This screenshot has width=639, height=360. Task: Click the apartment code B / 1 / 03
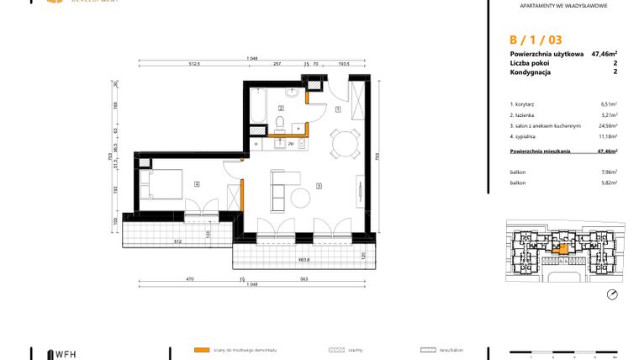[x=536, y=40]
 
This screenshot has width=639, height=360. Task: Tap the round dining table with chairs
[x=342, y=145]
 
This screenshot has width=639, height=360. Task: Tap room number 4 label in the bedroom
[x=197, y=183]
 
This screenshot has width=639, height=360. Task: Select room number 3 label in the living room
[x=319, y=185]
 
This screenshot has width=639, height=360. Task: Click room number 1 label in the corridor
[x=337, y=109]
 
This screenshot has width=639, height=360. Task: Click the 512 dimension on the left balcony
[x=177, y=242]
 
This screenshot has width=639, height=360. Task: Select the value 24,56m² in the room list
[x=605, y=125]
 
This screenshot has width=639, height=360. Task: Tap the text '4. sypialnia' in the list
[x=527, y=135]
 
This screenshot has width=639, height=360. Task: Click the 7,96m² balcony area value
[x=610, y=171]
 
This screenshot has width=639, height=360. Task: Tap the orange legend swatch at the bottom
[x=201, y=349]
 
